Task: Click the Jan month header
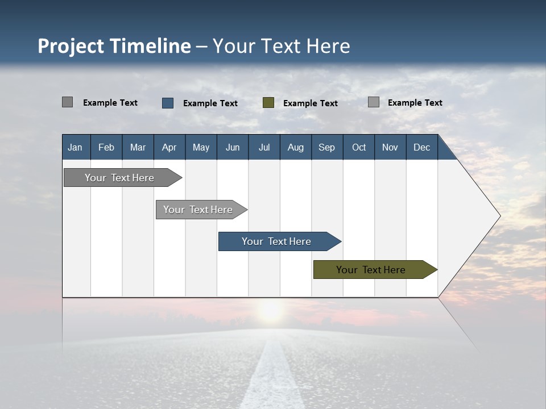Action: pyautogui.click(x=76, y=147)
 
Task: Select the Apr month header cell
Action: pyautogui.click(x=169, y=147)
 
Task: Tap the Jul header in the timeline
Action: pyautogui.click(x=264, y=147)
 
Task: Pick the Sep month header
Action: pyautogui.click(x=326, y=147)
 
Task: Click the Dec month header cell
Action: pyautogui.click(x=421, y=147)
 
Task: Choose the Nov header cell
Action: pyautogui.click(x=390, y=147)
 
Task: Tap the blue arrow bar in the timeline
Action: pyautogui.click(x=277, y=241)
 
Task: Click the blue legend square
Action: pyautogui.click(x=168, y=103)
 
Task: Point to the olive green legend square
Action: pyautogui.click(x=268, y=102)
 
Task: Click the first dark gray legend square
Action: pyautogui.click(x=67, y=102)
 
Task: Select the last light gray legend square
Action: pyautogui.click(x=374, y=102)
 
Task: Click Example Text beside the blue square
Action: pyautogui.click(x=210, y=103)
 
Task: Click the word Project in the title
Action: pyautogui.click(x=71, y=46)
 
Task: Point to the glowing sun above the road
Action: pyautogui.click(x=270, y=311)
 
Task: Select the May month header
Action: pyautogui.click(x=201, y=147)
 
